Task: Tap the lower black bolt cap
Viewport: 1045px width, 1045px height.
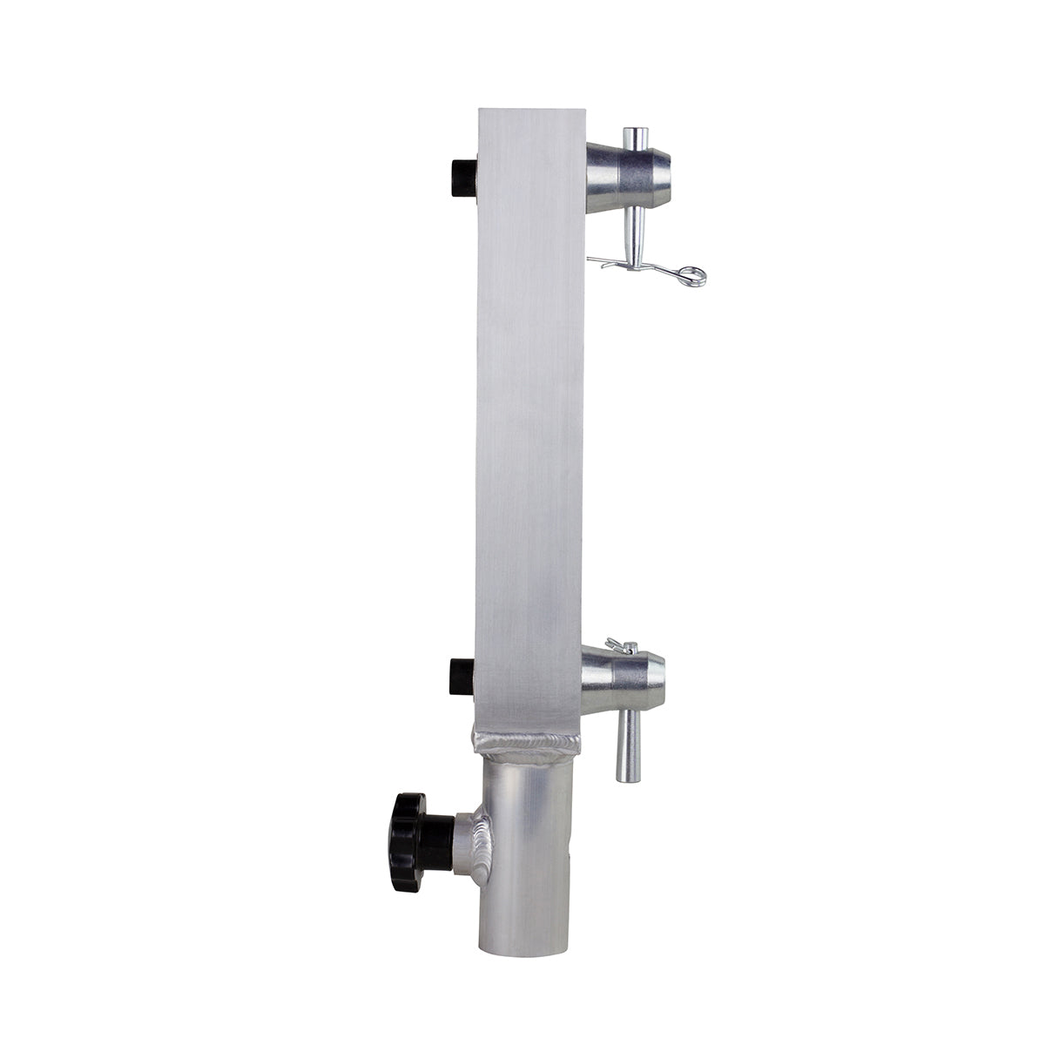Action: [x=461, y=677]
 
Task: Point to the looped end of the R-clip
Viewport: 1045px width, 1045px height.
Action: [x=694, y=276]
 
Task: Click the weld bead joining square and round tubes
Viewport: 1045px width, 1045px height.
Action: [x=526, y=743]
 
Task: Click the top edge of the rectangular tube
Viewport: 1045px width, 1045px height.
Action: [x=530, y=111]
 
